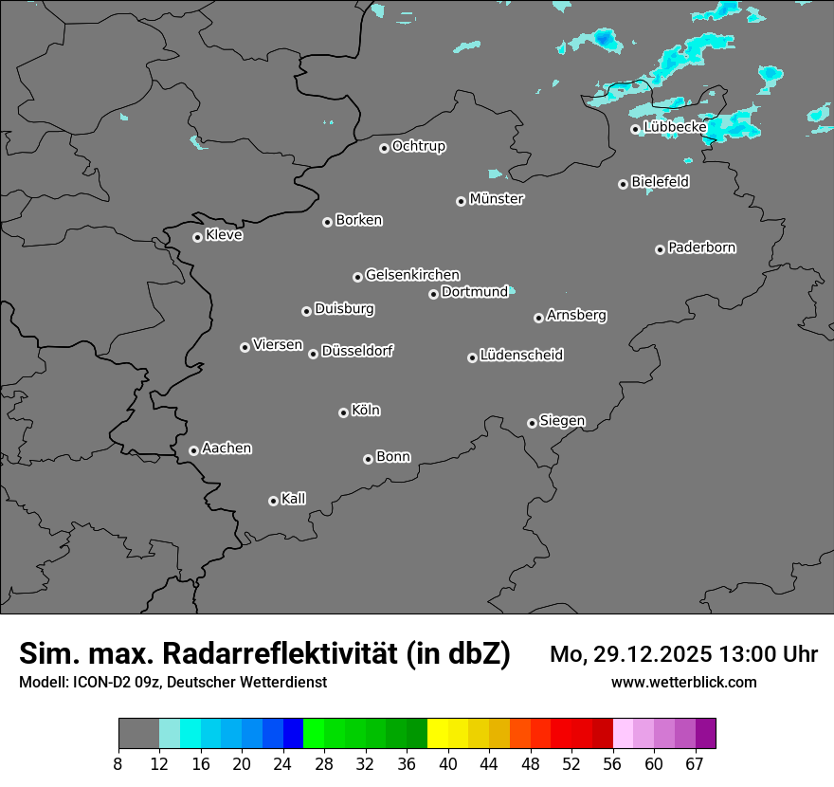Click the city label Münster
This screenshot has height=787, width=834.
pos(496,199)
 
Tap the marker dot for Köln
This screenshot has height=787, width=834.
pos(343,412)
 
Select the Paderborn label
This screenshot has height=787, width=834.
pos(701,247)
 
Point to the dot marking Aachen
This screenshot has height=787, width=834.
pos(193,450)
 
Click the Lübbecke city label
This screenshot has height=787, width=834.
pos(675,127)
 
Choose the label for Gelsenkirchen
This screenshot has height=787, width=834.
pos(412,275)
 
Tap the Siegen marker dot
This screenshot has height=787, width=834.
pos(532,423)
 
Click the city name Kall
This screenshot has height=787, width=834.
pos(293,499)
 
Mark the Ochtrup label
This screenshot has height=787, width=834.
pos(418,146)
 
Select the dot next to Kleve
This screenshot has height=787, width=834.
pos(197,237)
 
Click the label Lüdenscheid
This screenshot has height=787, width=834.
pos(521,356)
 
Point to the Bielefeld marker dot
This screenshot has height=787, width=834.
pos(623,184)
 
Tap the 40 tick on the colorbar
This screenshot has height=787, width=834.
pos(447,764)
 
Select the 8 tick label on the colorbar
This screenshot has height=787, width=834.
pos(118,764)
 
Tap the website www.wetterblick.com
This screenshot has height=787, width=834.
pos(683,683)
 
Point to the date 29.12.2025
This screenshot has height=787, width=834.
pos(652,654)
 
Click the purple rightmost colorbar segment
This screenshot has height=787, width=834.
pos(705,734)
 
